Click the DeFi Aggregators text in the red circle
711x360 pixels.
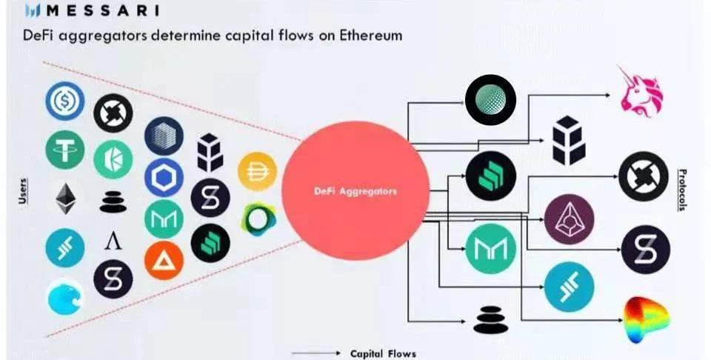[x=355, y=191]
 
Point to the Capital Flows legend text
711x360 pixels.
[x=383, y=353]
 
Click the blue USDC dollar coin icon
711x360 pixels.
[x=65, y=102]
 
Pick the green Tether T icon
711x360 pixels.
[x=65, y=151]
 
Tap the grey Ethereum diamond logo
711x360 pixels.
[x=65, y=199]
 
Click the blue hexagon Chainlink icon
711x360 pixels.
[x=164, y=178]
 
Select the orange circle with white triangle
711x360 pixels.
[x=164, y=261]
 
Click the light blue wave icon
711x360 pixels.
[x=65, y=297]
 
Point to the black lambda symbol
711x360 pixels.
[x=113, y=239]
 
